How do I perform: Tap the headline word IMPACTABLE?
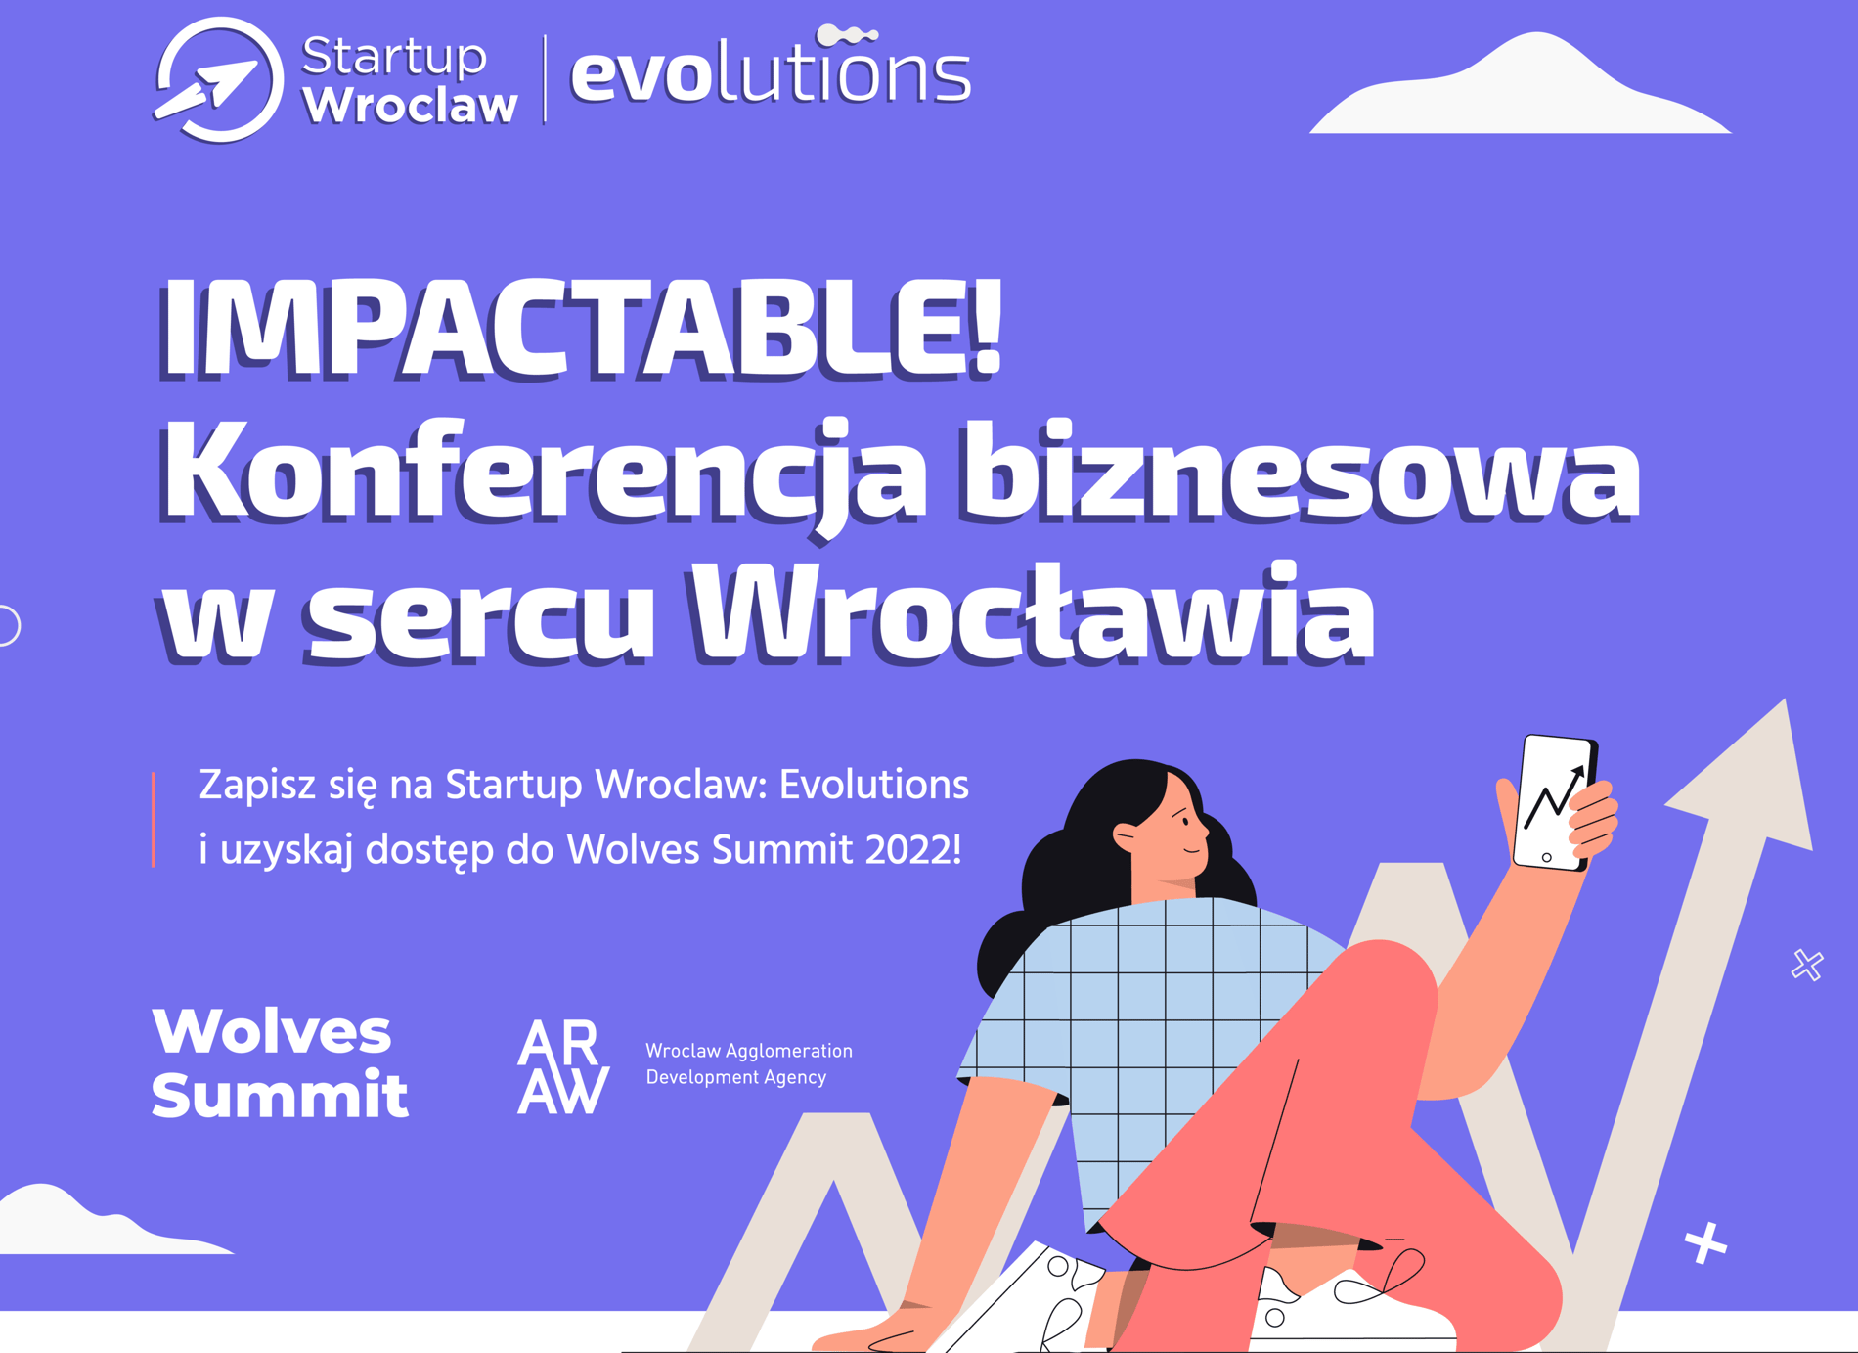click(x=581, y=328)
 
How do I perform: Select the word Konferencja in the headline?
click(x=544, y=474)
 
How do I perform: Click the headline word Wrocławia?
click(x=1033, y=611)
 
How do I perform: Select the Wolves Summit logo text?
click(x=280, y=1062)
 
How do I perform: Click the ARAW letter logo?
click(x=562, y=1067)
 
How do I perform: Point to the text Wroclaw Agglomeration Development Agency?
click(x=749, y=1063)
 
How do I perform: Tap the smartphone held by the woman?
click(x=1555, y=802)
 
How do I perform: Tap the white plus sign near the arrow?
click(x=1705, y=1243)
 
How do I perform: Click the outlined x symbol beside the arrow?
click(x=1807, y=965)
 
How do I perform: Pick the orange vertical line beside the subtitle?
click(x=154, y=819)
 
